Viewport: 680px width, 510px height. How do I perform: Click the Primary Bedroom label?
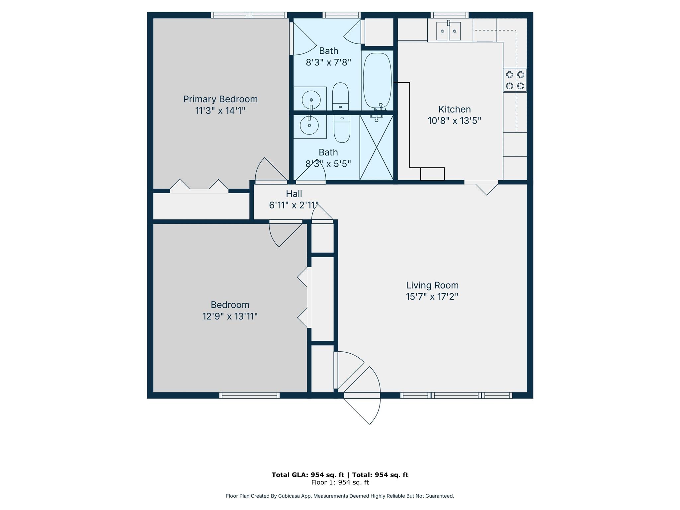(x=220, y=99)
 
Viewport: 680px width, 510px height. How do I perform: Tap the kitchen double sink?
(x=448, y=31)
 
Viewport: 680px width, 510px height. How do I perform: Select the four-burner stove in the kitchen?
(x=515, y=80)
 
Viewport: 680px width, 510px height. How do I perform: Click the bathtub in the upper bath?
(x=377, y=81)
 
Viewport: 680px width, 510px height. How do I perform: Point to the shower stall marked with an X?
(x=377, y=147)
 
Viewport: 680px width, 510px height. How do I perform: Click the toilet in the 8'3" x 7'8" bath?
(x=340, y=96)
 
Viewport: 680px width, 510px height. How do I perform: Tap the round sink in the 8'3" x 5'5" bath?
(x=309, y=126)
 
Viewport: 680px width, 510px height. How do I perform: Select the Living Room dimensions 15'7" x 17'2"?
(x=432, y=297)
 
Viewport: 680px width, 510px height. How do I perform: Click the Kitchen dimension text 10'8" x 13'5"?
(x=454, y=121)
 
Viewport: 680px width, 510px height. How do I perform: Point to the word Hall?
(x=294, y=194)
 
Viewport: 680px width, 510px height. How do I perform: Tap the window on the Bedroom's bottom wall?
(x=249, y=395)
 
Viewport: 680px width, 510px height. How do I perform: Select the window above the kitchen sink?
(x=450, y=15)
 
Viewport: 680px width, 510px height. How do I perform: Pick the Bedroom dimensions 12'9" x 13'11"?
(x=230, y=316)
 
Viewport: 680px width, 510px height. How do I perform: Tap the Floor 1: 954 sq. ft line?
(x=340, y=482)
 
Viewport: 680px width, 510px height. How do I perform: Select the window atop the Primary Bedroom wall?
(x=249, y=15)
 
